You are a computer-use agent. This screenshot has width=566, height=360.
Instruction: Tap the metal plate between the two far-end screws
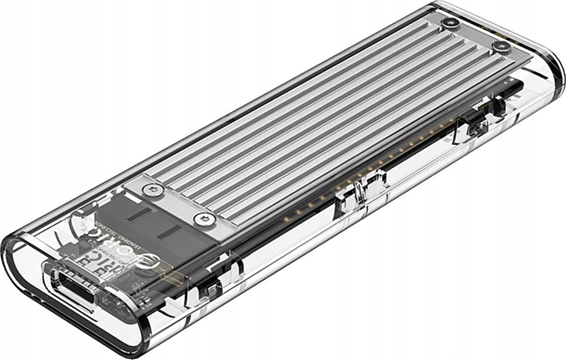[475, 34]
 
